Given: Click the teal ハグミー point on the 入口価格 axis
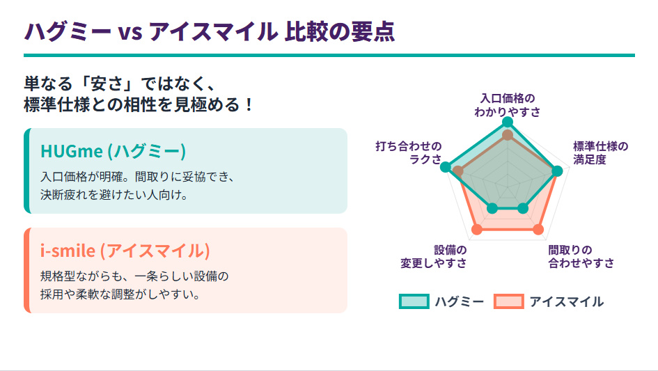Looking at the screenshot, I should [508, 122].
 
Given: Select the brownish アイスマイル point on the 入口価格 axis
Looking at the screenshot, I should [508, 134].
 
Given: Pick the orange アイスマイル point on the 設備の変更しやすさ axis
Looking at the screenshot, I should [477, 229].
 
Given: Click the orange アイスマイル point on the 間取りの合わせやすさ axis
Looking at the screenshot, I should [538, 229].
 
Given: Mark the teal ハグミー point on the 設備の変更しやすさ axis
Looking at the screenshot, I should [492, 207].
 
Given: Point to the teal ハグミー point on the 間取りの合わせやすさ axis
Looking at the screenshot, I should [523, 207].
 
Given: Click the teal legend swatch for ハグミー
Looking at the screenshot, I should [413, 301].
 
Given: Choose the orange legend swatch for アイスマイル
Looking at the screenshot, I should [508, 301].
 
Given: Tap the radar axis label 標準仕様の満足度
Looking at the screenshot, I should [600, 152].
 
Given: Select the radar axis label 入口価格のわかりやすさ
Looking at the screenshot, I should [508, 104].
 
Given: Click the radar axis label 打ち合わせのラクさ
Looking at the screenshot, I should [409, 152].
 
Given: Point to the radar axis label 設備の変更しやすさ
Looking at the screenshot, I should [433, 256].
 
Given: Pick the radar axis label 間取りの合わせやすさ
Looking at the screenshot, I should [581, 256].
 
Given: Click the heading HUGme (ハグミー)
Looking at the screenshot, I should [113, 151].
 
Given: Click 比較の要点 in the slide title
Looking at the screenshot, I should [339, 31].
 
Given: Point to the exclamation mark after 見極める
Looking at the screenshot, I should [250, 105].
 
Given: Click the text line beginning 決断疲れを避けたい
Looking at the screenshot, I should [114, 195].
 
